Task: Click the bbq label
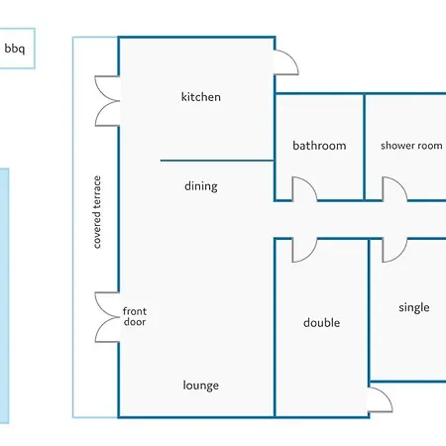click(15, 49)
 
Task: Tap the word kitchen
click(201, 97)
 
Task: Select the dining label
click(201, 186)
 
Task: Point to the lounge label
click(201, 386)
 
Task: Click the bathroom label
click(319, 146)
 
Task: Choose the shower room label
click(411, 146)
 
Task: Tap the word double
click(321, 322)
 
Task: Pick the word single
click(414, 307)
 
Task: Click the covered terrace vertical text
click(96, 212)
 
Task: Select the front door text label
click(135, 316)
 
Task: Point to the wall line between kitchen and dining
click(217, 161)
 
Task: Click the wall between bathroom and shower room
click(365, 147)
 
